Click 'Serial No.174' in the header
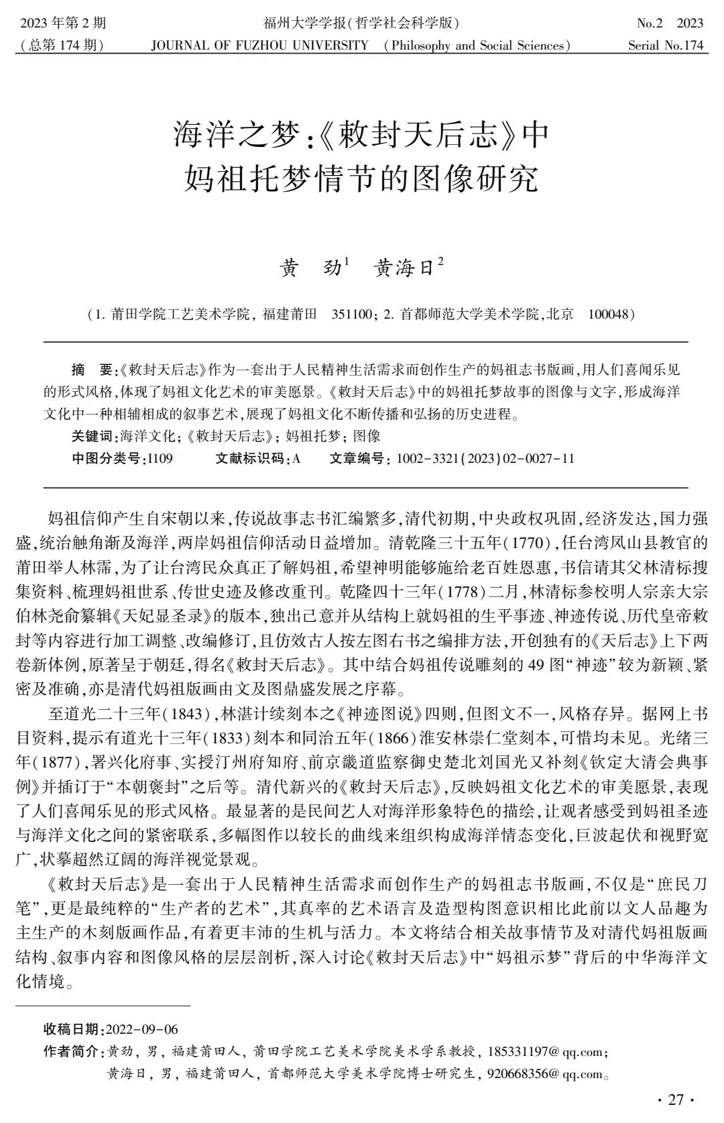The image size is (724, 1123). [666, 46]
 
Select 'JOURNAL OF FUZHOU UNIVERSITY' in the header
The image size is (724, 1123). [260, 46]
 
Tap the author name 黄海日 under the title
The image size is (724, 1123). [404, 269]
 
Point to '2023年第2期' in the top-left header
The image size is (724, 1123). [64, 23]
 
